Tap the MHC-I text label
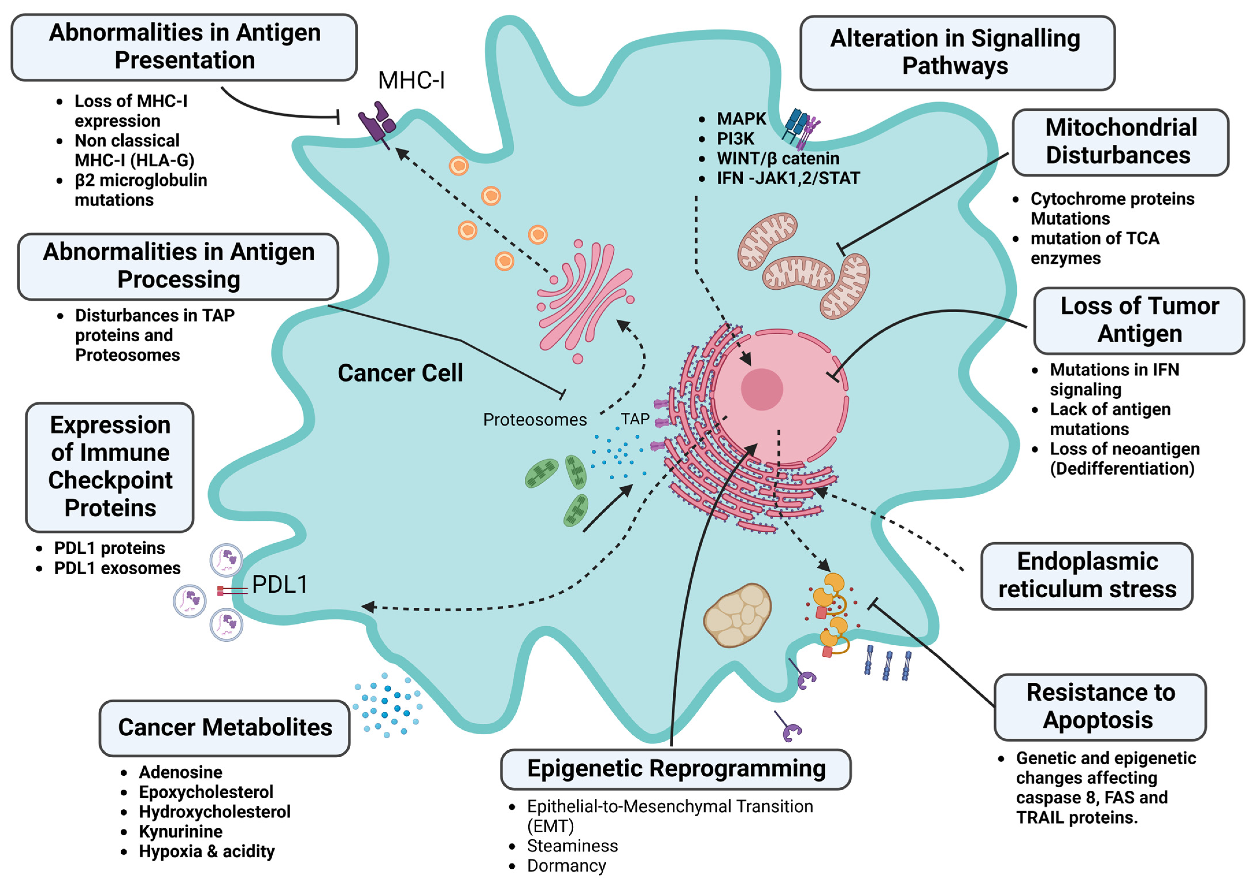click(412, 81)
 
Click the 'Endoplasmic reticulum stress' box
click(1087, 575)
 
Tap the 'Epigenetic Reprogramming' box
click(676, 769)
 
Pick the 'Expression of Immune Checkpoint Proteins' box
click(110, 467)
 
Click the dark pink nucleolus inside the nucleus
click(762, 389)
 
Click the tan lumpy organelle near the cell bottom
click(737, 615)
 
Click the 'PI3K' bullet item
click(735, 139)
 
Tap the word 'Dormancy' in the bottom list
click(566, 866)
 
